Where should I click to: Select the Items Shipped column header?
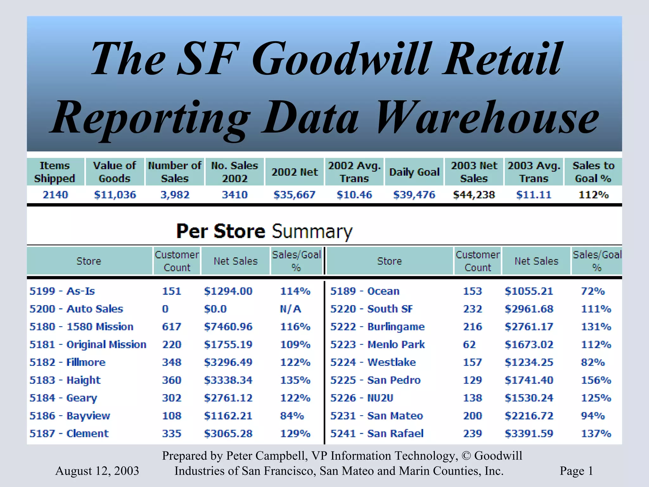click(55, 172)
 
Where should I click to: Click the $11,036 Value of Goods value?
click(115, 195)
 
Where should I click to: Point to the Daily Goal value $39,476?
click(414, 195)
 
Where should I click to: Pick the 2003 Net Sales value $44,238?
click(474, 195)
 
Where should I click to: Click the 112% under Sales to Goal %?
click(594, 195)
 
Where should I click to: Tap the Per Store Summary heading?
click(264, 231)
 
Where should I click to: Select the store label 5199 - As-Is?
click(62, 291)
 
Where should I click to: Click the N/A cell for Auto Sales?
click(290, 309)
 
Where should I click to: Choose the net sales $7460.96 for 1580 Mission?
click(228, 327)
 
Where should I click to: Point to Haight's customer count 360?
click(171, 380)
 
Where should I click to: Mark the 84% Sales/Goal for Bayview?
click(292, 416)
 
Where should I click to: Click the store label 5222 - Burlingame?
click(377, 327)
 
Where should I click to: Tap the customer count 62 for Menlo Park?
click(469, 345)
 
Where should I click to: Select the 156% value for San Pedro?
click(596, 380)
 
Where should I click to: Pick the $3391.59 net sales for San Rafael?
click(529, 433)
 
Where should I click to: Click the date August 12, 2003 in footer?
click(97, 471)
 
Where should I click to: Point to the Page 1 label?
click(576, 471)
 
